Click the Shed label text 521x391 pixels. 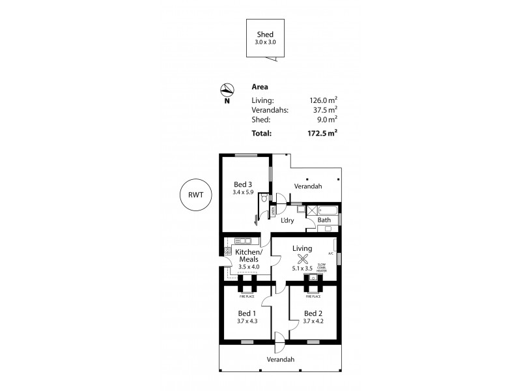coord(264,35)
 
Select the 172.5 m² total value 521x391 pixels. coord(324,133)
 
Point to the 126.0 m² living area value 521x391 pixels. coord(324,100)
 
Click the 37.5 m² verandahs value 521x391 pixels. coord(326,110)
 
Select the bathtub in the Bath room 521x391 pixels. coord(329,210)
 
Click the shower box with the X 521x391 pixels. coord(311,210)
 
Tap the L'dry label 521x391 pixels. coord(287,220)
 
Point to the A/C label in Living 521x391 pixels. coord(331,253)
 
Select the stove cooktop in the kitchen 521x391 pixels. coord(227,250)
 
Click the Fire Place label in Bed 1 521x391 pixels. coord(247,296)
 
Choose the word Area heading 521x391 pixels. coord(259,87)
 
